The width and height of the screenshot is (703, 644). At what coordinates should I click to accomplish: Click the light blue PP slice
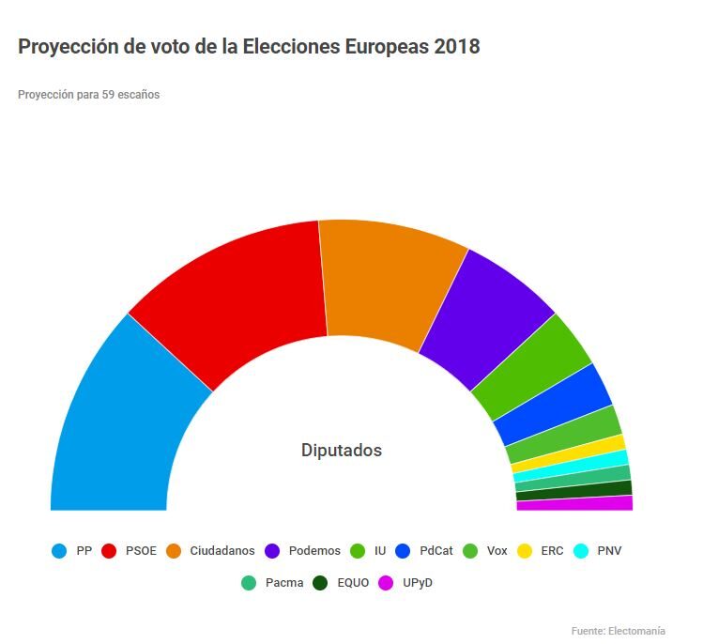[122, 422]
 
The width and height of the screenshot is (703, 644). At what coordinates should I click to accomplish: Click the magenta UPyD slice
[574, 504]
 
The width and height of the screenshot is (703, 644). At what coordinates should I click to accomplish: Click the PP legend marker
[60, 551]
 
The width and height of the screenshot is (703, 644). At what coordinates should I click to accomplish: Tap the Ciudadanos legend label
[222, 551]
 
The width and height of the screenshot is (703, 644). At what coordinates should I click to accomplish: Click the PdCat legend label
[437, 551]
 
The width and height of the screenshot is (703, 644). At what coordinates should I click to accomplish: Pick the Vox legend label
[497, 551]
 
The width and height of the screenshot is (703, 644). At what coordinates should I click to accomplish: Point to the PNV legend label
[609, 551]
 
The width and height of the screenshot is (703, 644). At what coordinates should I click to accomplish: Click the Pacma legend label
[284, 583]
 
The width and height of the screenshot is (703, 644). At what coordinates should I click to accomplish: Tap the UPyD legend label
[417, 583]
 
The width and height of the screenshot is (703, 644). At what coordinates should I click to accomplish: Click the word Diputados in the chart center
[342, 451]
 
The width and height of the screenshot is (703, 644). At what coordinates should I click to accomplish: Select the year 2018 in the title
[457, 46]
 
